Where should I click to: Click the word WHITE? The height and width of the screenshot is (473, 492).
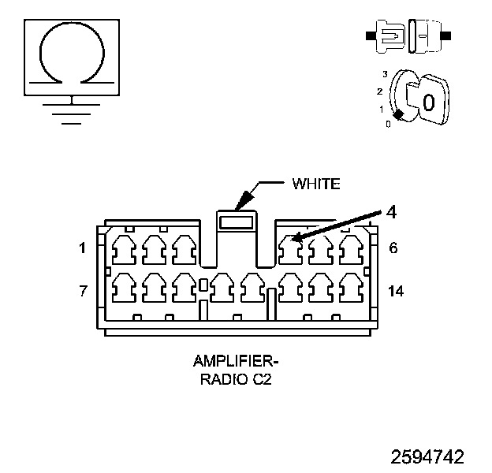[316, 184]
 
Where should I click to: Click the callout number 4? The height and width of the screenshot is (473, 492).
[391, 212]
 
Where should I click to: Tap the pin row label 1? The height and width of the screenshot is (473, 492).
[82, 248]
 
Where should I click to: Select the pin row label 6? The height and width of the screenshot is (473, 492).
[393, 248]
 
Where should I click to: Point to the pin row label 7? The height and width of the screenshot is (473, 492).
[83, 291]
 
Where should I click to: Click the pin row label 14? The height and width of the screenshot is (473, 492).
[396, 291]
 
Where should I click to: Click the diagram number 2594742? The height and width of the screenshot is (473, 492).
[427, 456]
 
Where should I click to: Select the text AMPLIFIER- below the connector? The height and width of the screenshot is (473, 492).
[236, 361]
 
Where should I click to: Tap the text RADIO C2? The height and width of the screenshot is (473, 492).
[236, 379]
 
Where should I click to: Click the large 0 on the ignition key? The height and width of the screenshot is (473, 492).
[429, 102]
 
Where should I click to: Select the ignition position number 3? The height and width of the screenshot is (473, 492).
[385, 74]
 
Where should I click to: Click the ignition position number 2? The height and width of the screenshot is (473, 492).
[380, 91]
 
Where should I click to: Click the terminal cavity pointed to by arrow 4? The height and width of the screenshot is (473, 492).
[290, 250]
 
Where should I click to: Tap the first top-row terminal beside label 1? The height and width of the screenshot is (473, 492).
[124, 250]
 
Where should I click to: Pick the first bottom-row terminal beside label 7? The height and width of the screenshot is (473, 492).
[124, 288]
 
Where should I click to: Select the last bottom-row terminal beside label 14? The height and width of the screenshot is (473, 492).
[352, 288]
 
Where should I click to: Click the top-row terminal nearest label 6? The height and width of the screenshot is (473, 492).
[352, 250]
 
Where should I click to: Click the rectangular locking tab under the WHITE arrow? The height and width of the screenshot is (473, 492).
[237, 222]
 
